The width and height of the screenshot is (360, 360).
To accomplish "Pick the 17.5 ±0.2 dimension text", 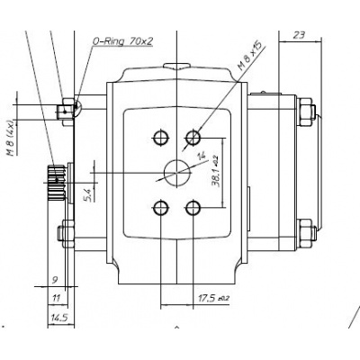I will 212,296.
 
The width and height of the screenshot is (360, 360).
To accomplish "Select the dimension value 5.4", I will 86,192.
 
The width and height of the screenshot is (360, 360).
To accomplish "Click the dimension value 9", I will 55,280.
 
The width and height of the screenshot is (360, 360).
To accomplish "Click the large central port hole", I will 176,172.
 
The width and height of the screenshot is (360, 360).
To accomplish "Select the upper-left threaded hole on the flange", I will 161,137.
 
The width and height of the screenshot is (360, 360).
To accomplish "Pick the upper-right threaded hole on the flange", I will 192,137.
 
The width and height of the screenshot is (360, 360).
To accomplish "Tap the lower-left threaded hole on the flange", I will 161,208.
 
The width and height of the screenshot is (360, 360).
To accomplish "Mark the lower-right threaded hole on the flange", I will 192,208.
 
